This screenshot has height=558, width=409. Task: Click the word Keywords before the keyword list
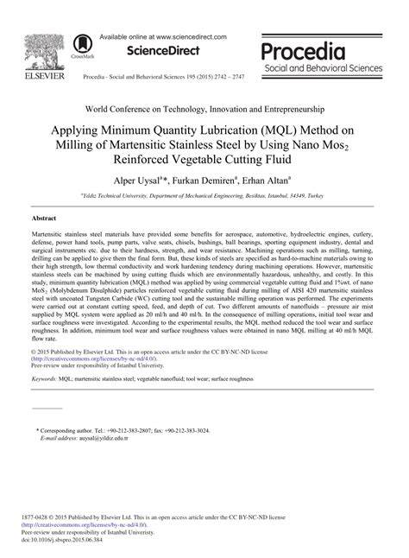(46, 403)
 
